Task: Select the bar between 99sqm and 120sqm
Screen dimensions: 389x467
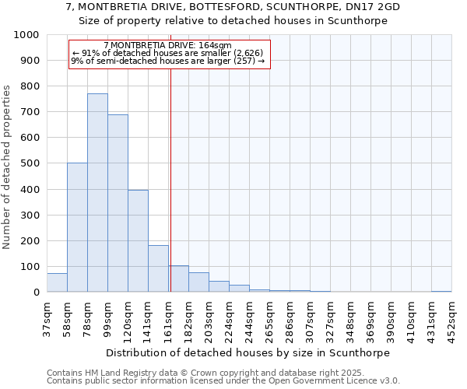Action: click(118, 203)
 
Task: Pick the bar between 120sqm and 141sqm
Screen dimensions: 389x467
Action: click(138, 241)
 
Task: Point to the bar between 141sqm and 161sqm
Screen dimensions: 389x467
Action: click(158, 268)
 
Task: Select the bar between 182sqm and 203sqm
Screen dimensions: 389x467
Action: click(198, 282)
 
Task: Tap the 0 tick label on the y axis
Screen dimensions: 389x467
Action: click(37, 293)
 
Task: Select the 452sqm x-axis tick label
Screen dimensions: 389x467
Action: click(451, 318)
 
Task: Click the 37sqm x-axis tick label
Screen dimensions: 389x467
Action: click(47, 317)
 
